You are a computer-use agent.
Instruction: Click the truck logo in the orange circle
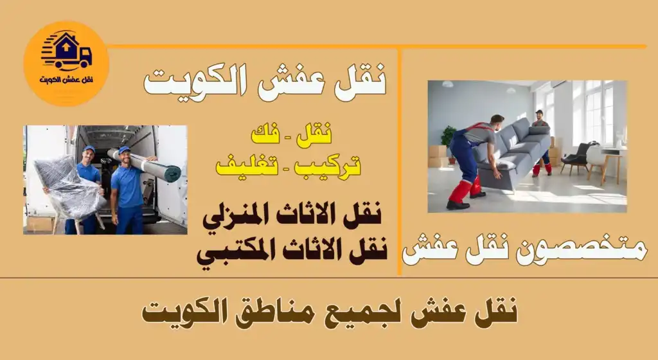click(66, 51)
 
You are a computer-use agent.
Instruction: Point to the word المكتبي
click(236, 249)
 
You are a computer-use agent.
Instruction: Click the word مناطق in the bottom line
click(340, 313)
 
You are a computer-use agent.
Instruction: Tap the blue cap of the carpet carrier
click(124, 150)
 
